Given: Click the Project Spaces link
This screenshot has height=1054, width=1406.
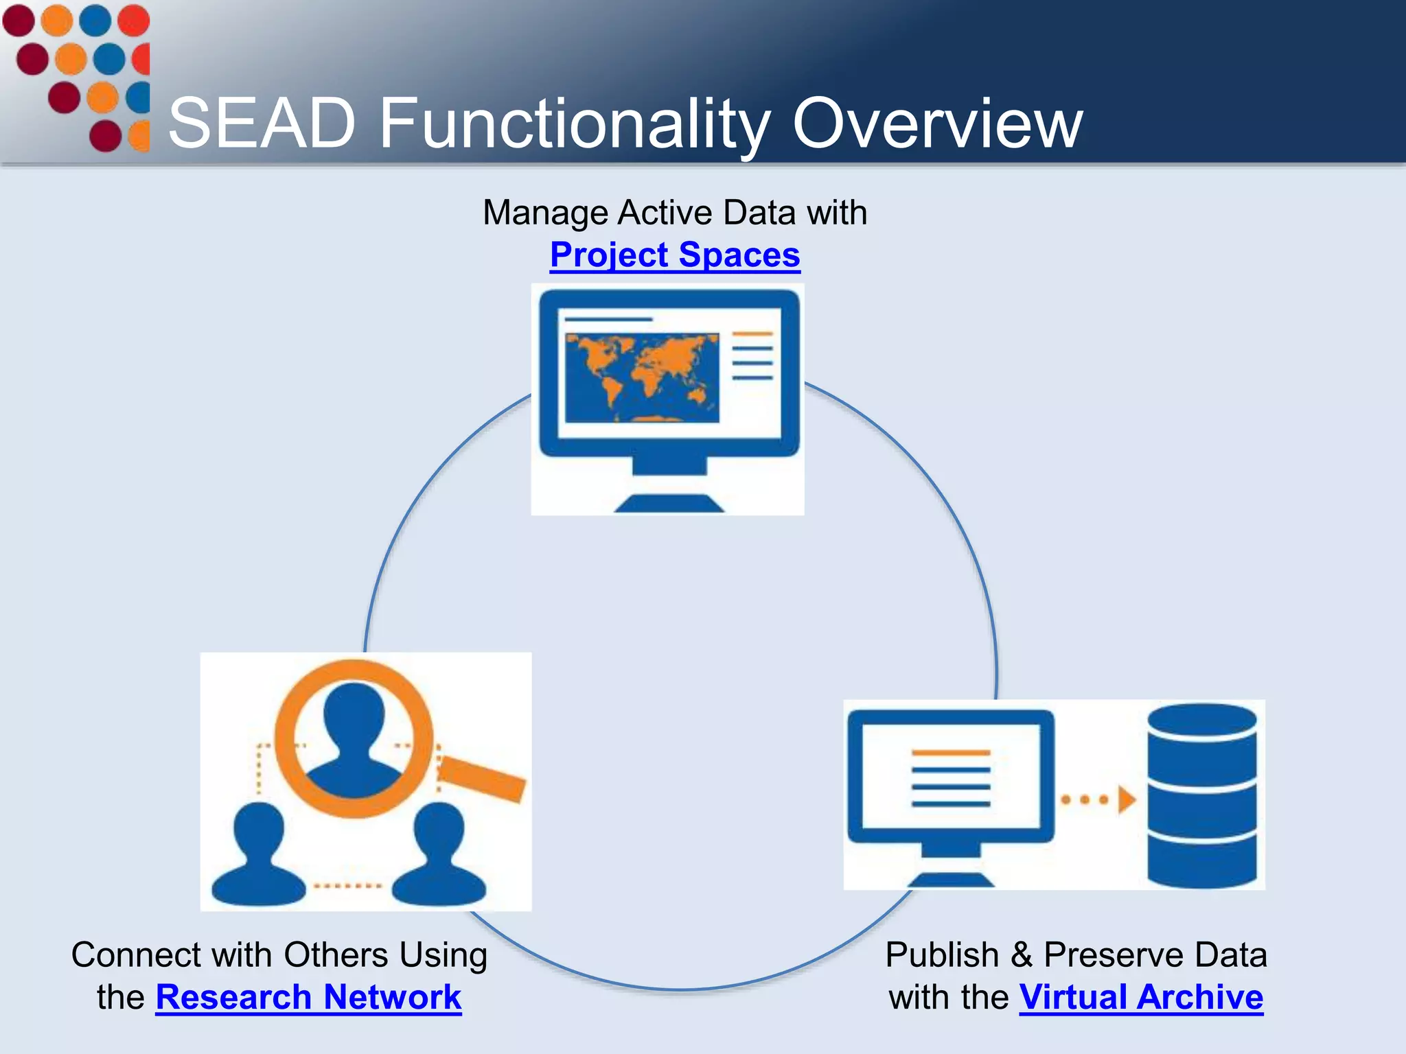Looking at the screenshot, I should [x=675, y=255].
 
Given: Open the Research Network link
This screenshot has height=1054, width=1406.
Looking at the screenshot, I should [x=308, y=997].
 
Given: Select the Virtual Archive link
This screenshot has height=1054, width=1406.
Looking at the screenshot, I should [x=1141, y=997].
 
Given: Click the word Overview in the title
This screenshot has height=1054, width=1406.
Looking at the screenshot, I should [x=937, y=124].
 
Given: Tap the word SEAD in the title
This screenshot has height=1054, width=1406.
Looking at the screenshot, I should [x=262, y=124].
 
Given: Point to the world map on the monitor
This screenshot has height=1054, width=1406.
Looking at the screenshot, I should [x=641, y=377].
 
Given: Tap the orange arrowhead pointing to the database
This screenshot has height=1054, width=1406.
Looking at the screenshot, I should [x=1126, y=799].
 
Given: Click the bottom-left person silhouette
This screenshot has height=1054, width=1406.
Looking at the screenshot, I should [x=258, y=858].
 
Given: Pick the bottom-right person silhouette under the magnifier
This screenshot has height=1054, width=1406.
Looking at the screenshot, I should [x=439, y=858].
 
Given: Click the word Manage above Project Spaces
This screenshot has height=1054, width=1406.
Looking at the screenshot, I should [x=545, y=213].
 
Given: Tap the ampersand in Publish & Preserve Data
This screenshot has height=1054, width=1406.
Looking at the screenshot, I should [x=1021, y=955].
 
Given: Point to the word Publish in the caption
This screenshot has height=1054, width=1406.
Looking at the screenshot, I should [x=942, y=955].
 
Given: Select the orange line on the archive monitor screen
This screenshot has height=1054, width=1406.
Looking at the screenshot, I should [x=951, y=753].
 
